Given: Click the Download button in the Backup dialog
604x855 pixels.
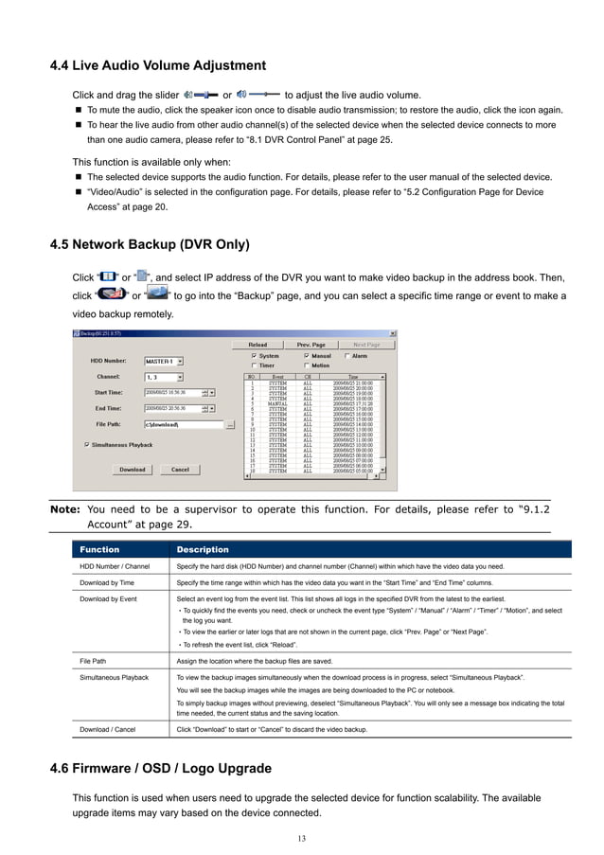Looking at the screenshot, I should click(x=132, y=470).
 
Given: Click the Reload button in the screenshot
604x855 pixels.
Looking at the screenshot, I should click(x=258, y=345).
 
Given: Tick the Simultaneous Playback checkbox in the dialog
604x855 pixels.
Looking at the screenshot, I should click(x=88, y=443).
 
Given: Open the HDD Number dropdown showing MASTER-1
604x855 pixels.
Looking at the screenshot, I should click(x=164, y=361).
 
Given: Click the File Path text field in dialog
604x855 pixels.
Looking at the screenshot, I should click(x=182, y=425).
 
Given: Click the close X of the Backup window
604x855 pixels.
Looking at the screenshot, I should click(x=393, y=334).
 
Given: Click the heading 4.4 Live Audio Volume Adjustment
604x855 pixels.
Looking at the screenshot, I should click(x=157, y=65).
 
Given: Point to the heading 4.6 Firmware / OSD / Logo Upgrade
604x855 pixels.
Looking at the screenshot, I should click(x=160, y=768).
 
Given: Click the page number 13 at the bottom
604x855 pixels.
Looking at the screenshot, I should click(x=301, y=839).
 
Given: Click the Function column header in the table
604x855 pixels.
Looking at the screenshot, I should click(x=99, y=549).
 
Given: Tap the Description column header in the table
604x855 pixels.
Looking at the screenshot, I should click(x=203, y=549).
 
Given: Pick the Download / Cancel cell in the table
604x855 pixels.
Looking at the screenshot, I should click(x=107, y=730).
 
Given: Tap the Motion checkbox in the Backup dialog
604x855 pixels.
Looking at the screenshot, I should click(x=306, y=365).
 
